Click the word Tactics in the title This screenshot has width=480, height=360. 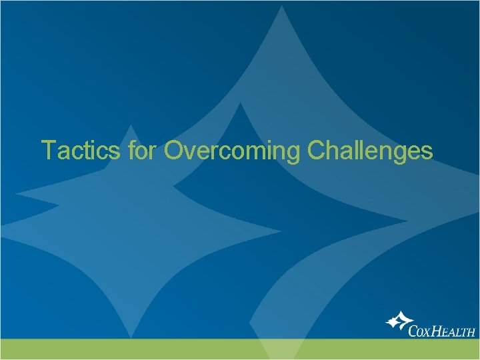pos(80,151)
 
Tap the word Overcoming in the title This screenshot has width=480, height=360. pos(232,151)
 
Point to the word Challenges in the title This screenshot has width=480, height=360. pos(370,151)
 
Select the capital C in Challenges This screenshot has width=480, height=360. pos(317,151)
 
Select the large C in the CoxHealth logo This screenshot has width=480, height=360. pos(416,329)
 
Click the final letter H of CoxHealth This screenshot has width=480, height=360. pos(472,331)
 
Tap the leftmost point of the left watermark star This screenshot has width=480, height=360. pos(16,195)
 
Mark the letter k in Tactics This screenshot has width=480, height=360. pos(109,151)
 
